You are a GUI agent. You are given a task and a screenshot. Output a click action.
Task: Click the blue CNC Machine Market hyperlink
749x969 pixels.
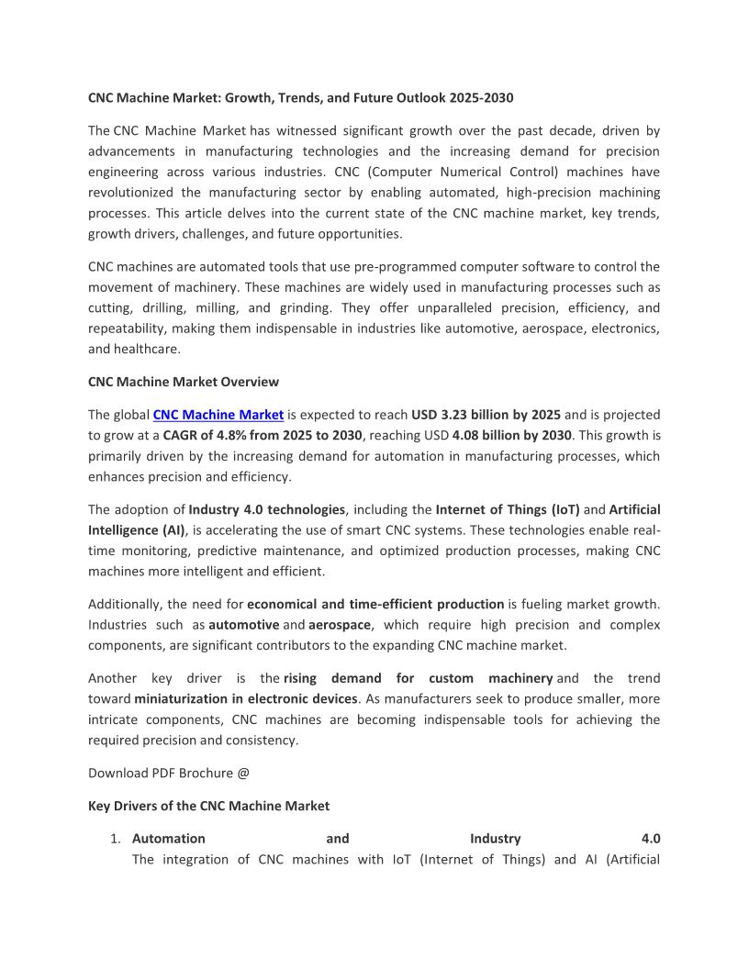(x=218, y=415)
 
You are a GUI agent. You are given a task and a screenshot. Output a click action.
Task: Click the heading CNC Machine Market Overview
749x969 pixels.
(x=184, y=382)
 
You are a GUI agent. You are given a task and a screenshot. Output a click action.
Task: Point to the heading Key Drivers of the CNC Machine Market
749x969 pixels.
(x=208, y=806)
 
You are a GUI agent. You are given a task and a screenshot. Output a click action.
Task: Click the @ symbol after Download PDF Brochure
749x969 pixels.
(x=243, y=773)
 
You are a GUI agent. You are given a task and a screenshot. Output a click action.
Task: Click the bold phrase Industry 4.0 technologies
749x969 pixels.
(x=266, y=509)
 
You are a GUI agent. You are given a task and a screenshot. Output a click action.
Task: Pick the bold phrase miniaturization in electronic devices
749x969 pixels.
(x=245, y=698)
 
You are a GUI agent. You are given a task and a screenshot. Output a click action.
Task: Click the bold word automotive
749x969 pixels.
(x=244, y=625)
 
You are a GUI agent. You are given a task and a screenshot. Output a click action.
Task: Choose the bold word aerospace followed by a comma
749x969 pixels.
(x=339, y=625)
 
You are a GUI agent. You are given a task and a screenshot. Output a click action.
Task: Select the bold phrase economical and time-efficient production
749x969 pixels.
(x=375, y=604)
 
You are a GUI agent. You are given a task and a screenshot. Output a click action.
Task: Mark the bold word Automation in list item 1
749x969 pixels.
(x=169, y=839)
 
